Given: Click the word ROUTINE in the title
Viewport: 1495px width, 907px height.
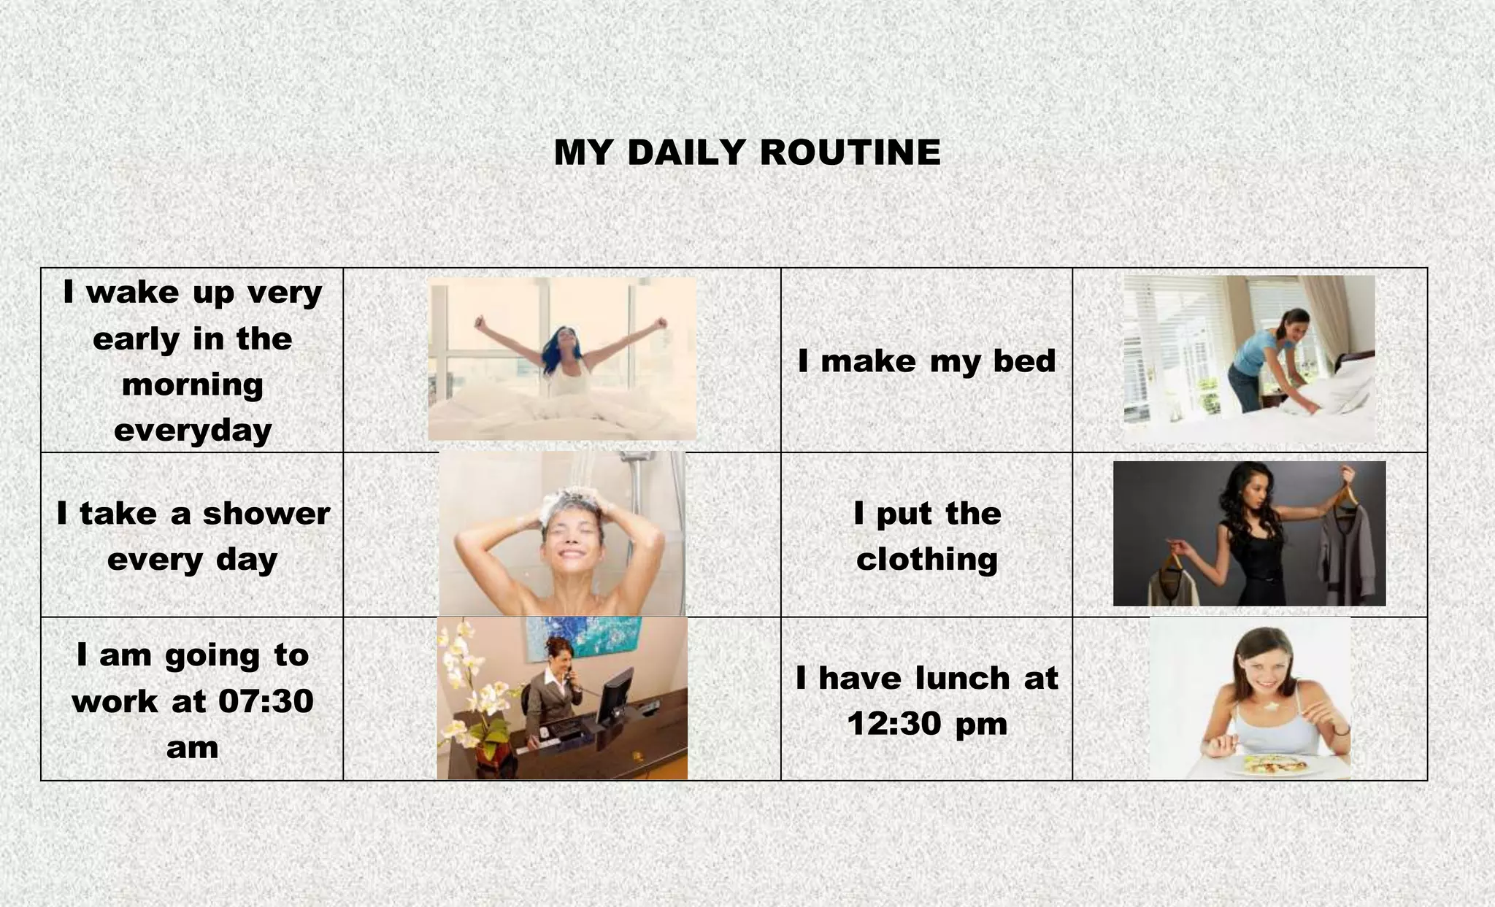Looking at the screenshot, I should (x=850, y=153).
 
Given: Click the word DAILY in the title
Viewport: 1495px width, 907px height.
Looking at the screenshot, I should (x=686, y=153).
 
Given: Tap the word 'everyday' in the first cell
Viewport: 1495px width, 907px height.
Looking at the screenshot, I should (x=193, y=430).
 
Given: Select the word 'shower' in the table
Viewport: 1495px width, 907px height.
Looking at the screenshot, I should (x=266, y=514).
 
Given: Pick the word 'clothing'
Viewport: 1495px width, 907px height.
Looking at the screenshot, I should (x=926, y=560).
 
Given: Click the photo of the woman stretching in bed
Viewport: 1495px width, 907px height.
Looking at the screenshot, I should (x=561, y=358).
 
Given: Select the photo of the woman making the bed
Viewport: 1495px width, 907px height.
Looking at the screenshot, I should (x=1249, y=358).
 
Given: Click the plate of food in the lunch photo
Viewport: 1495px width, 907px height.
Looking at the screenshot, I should (x=1274, y=765).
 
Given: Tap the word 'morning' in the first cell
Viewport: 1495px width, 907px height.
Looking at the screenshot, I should (x=193, y=385).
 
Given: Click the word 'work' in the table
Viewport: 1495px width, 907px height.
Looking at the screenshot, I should (x=115, y=701).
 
